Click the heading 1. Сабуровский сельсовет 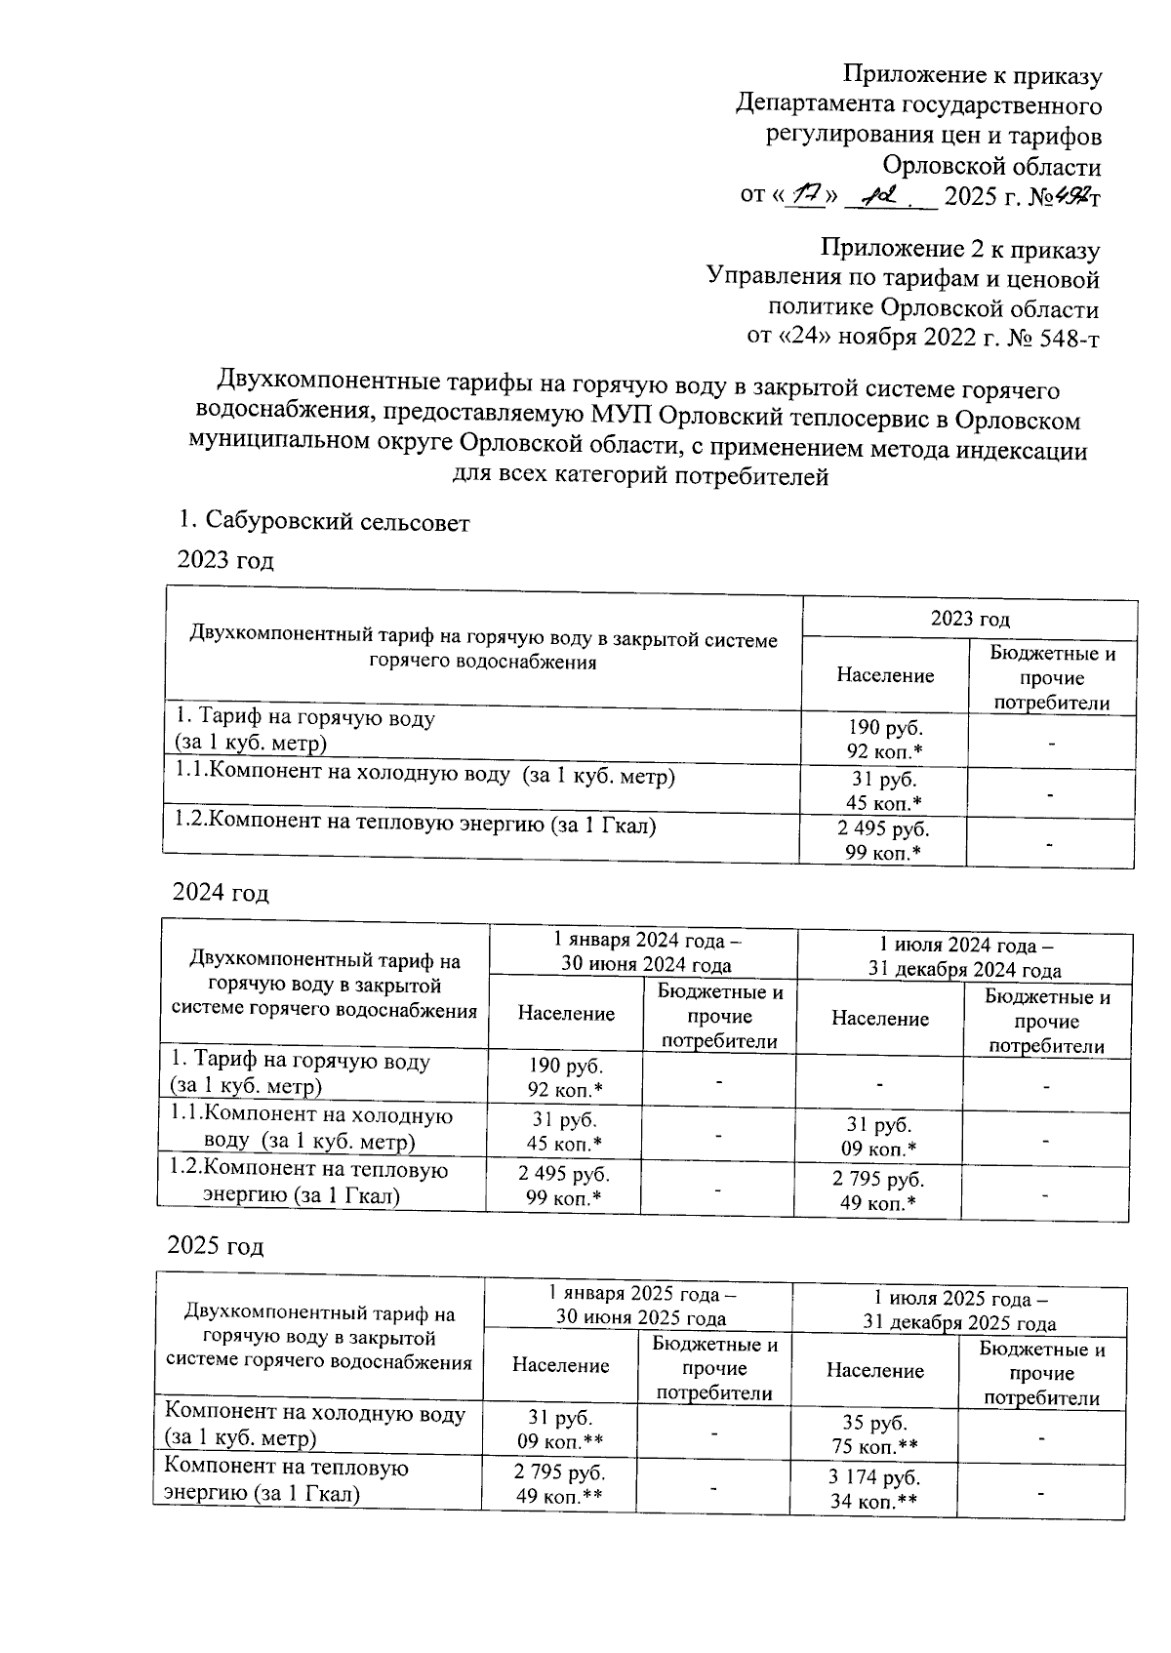(x=324, y=523)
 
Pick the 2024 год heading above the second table (x=221, y=893)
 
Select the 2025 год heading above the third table (x=216, y=1246)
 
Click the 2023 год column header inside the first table (x=969, y=619)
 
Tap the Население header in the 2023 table (x=885, y=675)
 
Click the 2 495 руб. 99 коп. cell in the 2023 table (x=884, y=841)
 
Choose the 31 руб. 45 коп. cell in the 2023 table (x=884, y=790)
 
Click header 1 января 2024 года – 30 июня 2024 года (x=643, y=953)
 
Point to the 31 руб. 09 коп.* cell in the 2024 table (x=878, y=1138)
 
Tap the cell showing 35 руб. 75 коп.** (x=874, y=1433)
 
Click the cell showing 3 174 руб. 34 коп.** (x=874, y=1488)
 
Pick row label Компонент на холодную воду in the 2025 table (x=314, y=1425)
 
